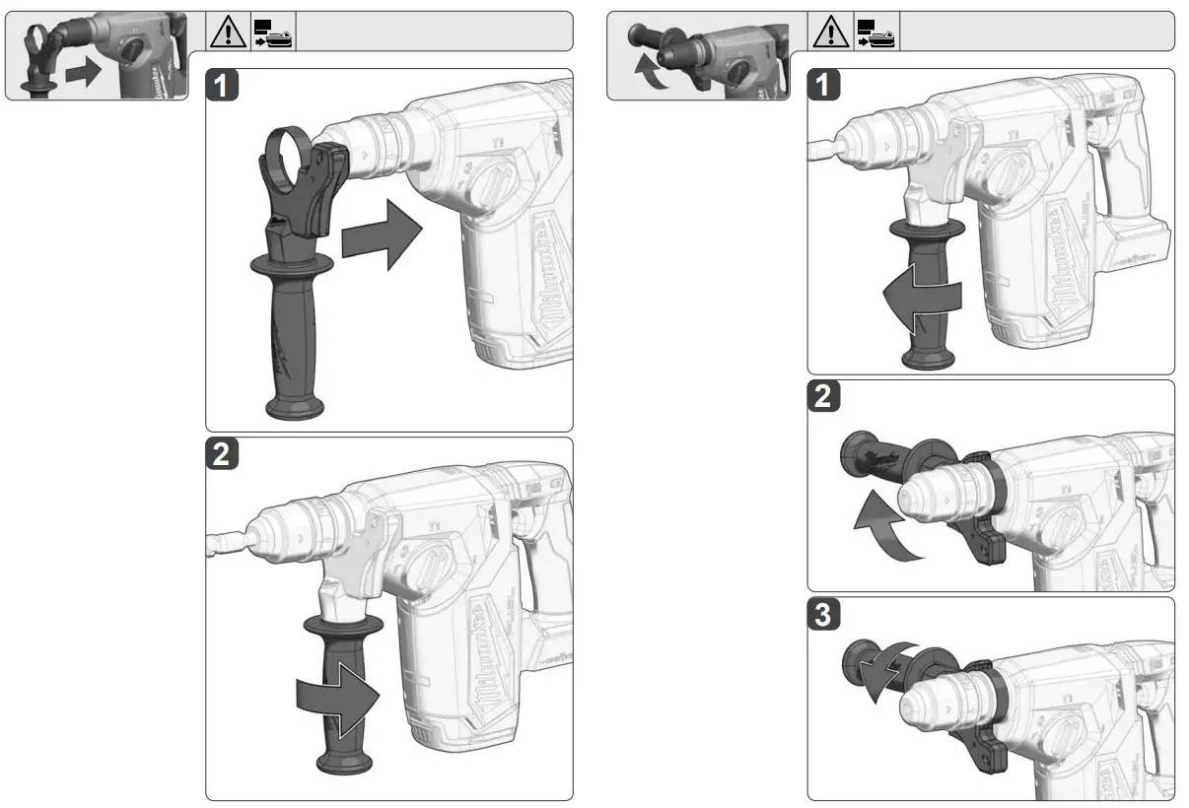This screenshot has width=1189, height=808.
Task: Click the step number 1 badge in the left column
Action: coord(226,86)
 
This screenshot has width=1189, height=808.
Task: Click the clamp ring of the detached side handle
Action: coord(289,154)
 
